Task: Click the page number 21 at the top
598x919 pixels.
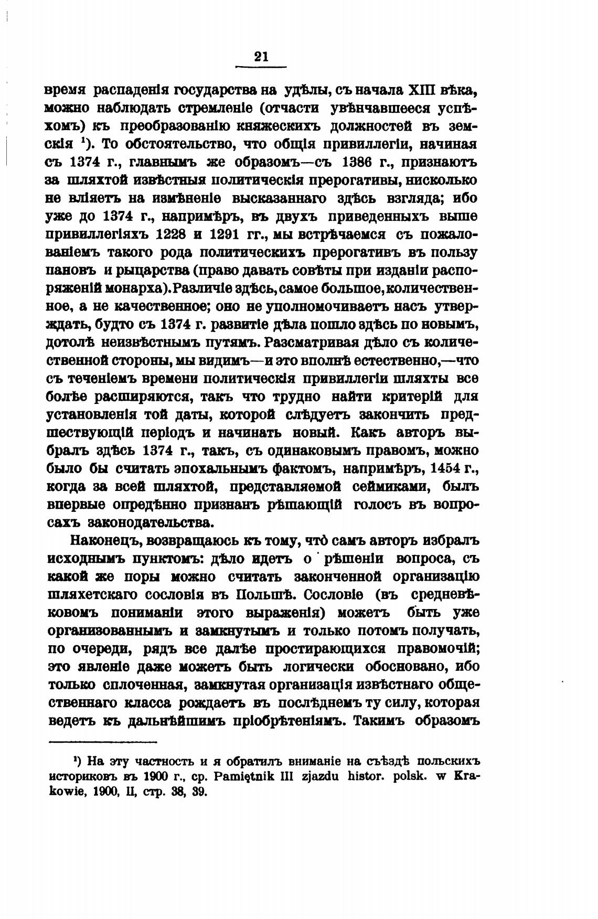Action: (x=261, y=57)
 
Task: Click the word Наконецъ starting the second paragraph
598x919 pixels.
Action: (x=103, y=541)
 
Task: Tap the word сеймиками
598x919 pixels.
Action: (x=392, y=487)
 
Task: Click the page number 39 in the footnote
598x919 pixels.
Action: (x=199, y=792)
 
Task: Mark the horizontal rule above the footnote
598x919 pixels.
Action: (x=103, y=741)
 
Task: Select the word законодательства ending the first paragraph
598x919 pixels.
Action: (x=151, y=522)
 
